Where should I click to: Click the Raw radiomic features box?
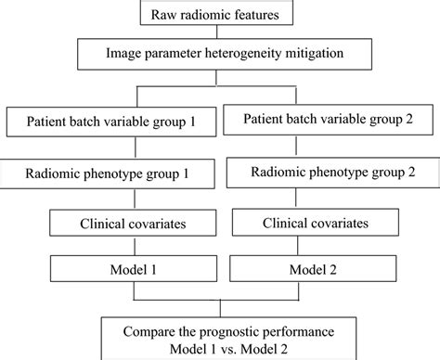[221, 14]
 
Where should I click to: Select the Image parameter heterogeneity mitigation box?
[221, 53]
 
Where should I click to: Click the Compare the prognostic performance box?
[221, 337]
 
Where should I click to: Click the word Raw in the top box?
[163, 14]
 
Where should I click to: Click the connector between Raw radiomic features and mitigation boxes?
[220, 32]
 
